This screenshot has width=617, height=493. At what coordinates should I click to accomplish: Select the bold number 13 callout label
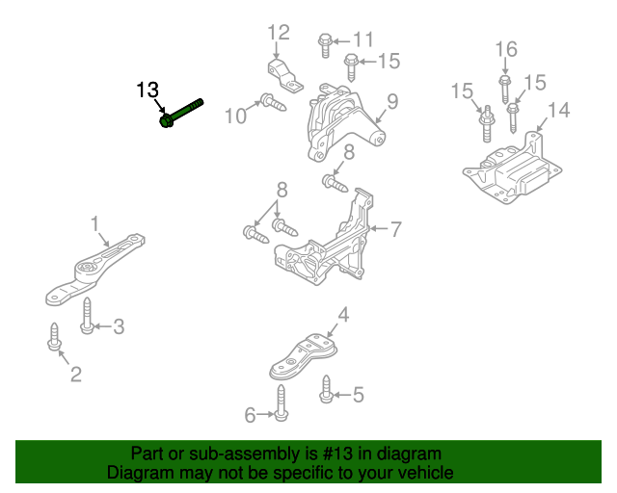coord(147,91)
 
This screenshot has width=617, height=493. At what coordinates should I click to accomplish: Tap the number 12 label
coord(278,34)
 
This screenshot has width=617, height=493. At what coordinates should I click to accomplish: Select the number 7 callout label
coord(395,229)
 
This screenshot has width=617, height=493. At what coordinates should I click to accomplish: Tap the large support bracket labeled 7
coord(328,241)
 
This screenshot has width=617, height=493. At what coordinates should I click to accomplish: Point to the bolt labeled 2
coord(53,338)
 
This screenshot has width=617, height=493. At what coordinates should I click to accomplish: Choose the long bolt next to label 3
coord(87,317)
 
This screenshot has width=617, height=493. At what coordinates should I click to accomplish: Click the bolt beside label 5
coord(325,391)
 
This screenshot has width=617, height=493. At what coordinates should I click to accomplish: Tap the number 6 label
coord(250,415)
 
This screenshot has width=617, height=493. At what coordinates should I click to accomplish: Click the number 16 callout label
coord(505,49)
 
